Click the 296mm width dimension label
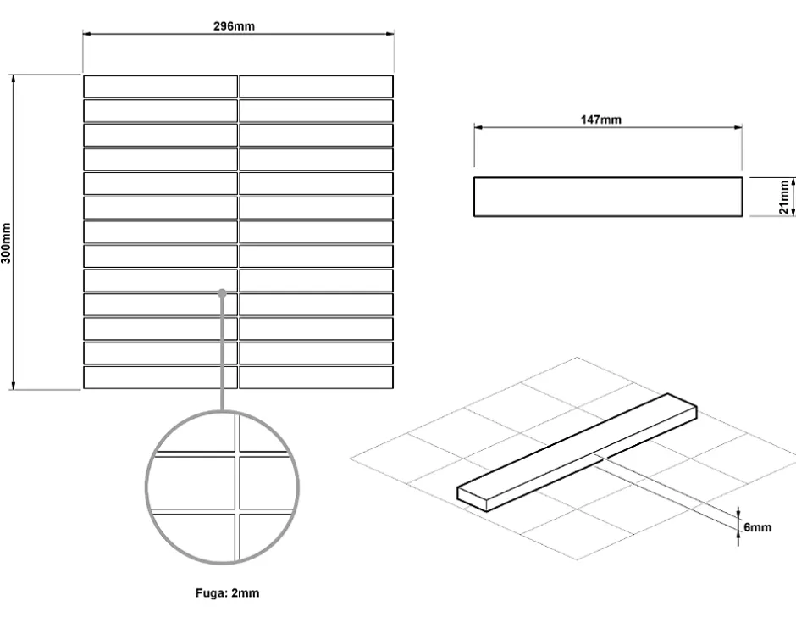pos(234,26)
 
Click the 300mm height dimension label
pos(6,243)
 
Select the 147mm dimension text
pos(601,120)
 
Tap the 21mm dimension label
pos(784,197)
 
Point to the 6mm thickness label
pos(757,527)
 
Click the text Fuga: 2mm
pos(227,593)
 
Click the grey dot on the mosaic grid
pos(222,292)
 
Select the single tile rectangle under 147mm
pos(608,197)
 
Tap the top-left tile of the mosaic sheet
pos(160,86)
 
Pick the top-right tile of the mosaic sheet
pos(316,86)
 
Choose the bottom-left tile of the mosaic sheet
pos(160,377)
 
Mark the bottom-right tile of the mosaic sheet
pos(316,377)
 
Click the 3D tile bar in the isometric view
pos(578,453)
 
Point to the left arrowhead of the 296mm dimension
pos(86,34)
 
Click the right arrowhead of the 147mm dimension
pos(738,127)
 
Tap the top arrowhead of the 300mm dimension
pos(14,78)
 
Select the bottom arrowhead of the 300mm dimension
pos(14,387)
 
